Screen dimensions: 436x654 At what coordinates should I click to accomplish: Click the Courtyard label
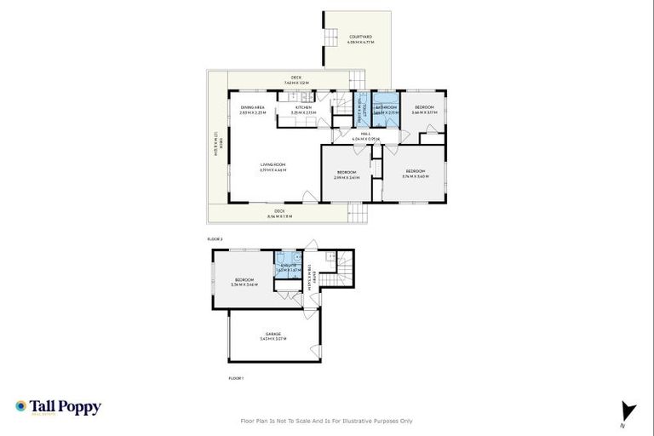point(357,38)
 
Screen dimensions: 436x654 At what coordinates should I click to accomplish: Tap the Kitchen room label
point(304,110)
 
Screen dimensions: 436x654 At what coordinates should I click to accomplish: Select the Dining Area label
point(253,110)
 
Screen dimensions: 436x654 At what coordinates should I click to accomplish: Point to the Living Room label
point(272,167)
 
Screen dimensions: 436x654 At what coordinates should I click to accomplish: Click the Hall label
point(364,135)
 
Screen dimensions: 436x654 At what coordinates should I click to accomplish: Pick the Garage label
point(272,336)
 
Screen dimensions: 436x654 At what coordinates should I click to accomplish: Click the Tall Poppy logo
point(58,407)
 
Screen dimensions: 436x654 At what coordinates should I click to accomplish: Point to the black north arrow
point(628,410)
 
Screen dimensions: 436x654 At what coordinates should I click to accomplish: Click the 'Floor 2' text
point(215,239)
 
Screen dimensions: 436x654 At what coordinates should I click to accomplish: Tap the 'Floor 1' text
point(236,377)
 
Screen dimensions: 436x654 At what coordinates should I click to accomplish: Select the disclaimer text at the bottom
point(327,421)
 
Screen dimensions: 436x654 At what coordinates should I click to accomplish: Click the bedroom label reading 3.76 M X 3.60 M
point(416,175)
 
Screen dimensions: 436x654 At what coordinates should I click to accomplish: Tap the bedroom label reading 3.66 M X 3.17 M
point(424,110)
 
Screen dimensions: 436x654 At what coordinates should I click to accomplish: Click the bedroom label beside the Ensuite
point(245,282)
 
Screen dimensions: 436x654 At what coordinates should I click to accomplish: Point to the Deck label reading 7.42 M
point(296,80)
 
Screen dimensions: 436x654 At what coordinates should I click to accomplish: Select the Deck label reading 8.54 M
point(279,214)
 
